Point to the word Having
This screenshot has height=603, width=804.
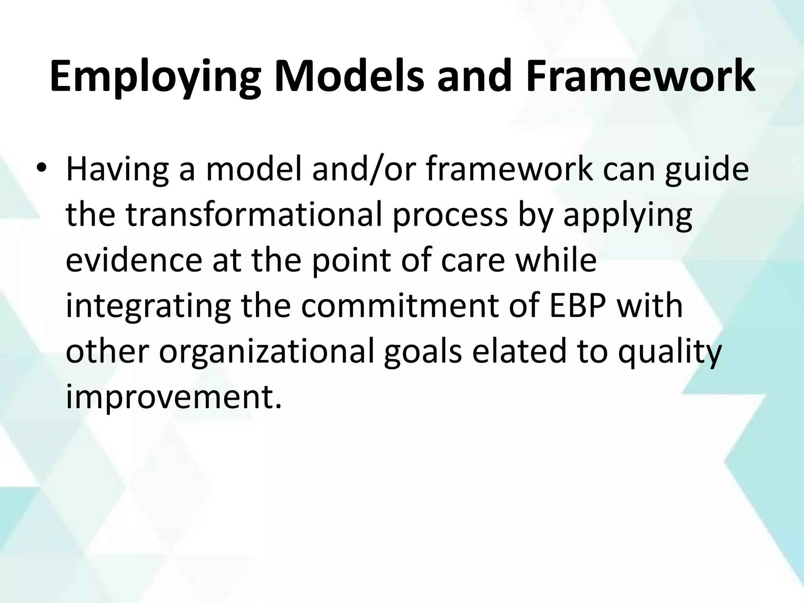point(117,170)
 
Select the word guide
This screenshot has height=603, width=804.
point(707,170)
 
